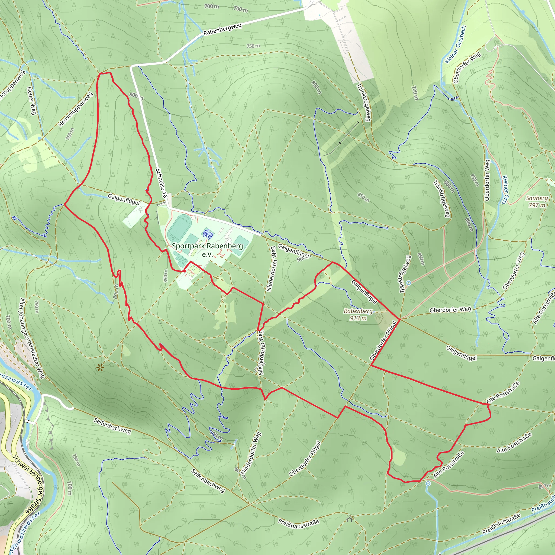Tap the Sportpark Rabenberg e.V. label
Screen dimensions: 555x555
point(207,250)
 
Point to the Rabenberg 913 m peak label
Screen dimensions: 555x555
point(358,315)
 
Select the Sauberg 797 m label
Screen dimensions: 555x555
point(537,201)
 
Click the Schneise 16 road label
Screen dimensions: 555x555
point(161,183)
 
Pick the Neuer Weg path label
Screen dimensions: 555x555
point(32,101)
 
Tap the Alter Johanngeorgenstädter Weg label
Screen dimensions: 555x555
point(32,338)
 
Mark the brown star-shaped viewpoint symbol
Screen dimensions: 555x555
point(100,367)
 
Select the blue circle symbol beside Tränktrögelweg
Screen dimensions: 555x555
point(408,283)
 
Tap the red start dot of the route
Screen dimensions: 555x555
point(184,271)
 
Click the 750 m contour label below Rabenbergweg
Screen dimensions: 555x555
point(253,46)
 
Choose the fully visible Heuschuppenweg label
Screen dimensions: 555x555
point(75,109)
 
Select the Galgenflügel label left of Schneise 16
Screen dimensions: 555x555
point(124,199)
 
